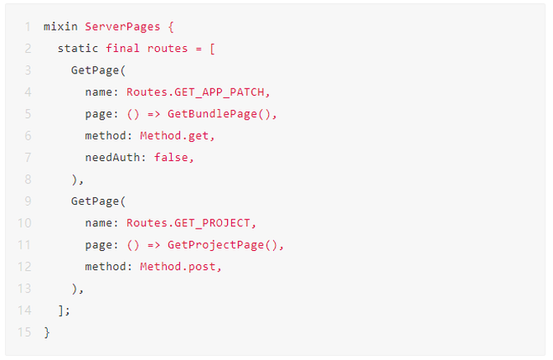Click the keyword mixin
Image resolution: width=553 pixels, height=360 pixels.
(60, 26)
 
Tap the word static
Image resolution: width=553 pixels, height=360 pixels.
(78, 49)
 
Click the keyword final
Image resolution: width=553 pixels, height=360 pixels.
(122, 49)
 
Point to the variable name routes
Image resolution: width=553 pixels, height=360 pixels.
(168, 49)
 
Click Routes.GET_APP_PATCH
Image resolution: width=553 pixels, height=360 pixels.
(198, 92)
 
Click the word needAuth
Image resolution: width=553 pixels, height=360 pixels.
(112, 158)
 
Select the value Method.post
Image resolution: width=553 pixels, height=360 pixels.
(181, 267)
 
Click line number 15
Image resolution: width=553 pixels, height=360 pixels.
(25, 332)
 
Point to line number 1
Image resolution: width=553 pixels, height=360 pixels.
(28, 26)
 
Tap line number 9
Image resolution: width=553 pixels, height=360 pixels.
(28, 201)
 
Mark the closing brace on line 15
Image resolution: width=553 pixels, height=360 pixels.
(47, 332)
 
